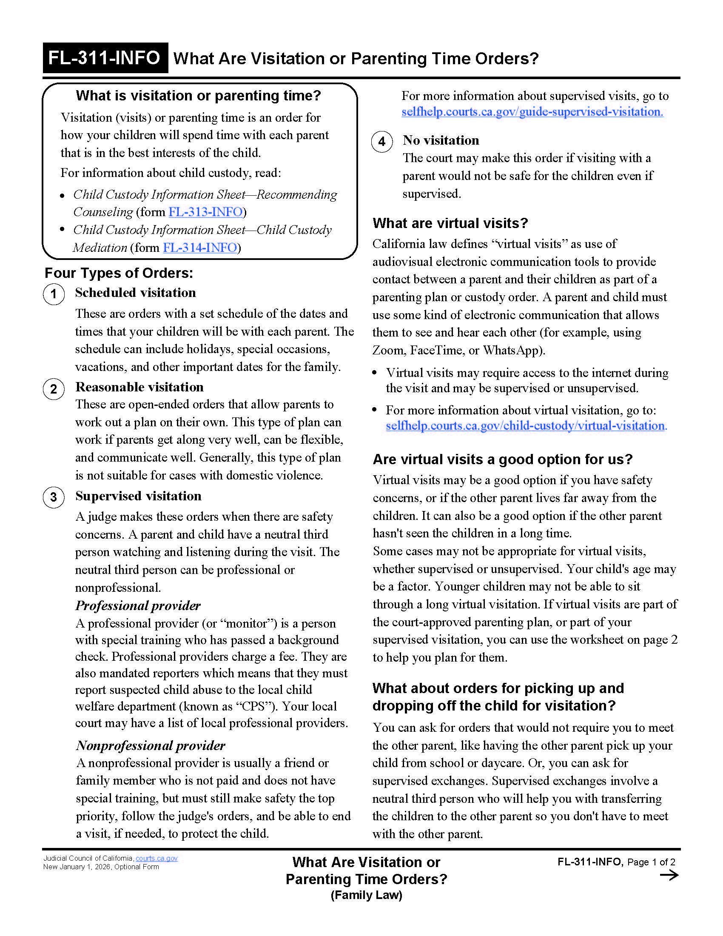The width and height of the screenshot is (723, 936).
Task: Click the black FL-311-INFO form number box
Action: point(105,58)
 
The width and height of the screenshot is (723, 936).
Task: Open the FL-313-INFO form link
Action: point(205,212)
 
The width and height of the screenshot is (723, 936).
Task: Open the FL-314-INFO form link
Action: point(199,248)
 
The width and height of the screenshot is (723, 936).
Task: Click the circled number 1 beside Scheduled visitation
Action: point(54,294)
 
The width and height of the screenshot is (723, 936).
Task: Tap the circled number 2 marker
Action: point(54,389)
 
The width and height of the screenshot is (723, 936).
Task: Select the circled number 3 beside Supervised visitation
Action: point(54,497)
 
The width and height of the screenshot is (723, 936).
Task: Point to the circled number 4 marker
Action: point(382,142)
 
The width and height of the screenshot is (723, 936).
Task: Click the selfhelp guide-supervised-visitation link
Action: point(532,112)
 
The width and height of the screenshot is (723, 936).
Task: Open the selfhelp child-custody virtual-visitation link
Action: point(526,426)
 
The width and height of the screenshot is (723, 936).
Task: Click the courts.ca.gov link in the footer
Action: point(157,859)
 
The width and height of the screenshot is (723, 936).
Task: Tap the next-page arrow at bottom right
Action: point(669,875)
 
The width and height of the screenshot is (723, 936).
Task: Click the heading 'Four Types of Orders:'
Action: point(119,273)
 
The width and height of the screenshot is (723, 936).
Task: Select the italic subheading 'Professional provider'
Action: point(138,605)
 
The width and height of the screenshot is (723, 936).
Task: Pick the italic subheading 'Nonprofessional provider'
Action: point(150,746)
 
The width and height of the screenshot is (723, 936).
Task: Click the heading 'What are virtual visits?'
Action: point(450,223)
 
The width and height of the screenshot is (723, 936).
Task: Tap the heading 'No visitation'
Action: point(441,140)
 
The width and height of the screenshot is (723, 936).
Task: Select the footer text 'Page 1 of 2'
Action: point(651,862)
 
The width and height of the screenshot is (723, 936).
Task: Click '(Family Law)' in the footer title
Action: point(366,895)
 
